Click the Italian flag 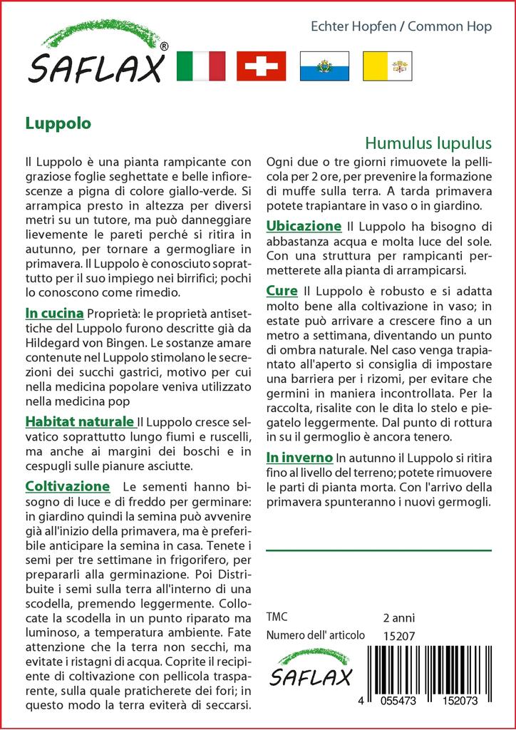(x=200, y=66)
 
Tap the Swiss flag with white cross (x=261, y=66)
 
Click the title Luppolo (x=58, y=123)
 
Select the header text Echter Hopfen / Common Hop (x=401, y=27)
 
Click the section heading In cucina (x=55, y=313)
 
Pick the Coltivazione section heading (x=67, y=486)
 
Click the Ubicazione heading (x=304, y=226)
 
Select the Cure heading (x=282, y=291)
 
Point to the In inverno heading (x=299, y=457)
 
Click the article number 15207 (x=398, y=635)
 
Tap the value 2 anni (x=398, y=617)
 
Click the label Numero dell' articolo (x=316, y=635)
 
